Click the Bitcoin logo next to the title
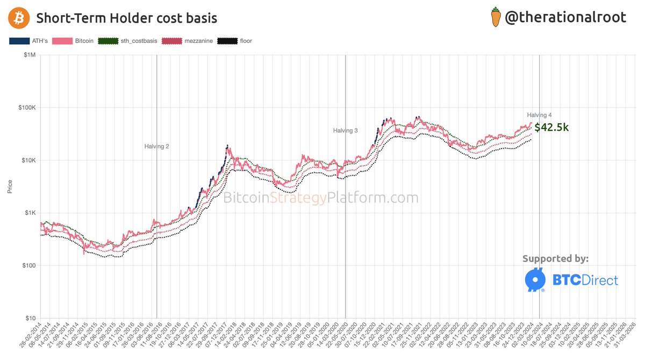(18, 18)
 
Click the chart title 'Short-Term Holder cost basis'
(126, 18)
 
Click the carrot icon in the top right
(496, 17)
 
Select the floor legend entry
(235, 41)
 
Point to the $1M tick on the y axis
(28, 55)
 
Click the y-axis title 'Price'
(10, 187)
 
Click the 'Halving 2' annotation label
(157, 146)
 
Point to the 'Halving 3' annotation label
(345, 131)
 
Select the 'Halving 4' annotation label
(540, 115)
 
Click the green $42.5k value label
(551, 128)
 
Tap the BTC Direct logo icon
(535, 280)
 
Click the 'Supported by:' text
(555, 259)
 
